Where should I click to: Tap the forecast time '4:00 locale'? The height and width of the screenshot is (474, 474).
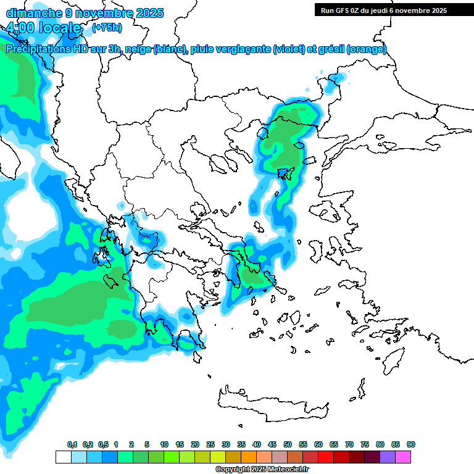tap(44, 28)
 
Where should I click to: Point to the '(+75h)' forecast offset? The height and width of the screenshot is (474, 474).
tap(107, 28)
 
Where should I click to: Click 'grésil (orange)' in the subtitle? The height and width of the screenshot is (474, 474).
tap(354, 49)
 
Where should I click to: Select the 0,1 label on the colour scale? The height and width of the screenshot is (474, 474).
tap(72, 444)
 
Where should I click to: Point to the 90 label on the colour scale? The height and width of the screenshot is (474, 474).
tap(411, 444)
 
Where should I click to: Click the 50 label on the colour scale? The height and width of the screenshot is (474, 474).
tap(288, 444)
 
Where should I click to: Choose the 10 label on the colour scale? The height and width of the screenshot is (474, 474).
tap(164, 444)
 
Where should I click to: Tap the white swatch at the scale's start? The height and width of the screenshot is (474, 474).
tap(63, 457)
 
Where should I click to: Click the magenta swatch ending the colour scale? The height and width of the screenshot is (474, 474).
tap(403, 457)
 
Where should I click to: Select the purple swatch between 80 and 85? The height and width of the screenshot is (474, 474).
tap(388, 457)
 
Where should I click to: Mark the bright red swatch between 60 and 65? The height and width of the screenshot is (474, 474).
tap(326, 457)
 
